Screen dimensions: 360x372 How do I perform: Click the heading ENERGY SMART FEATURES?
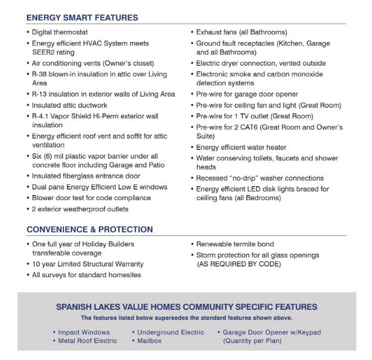coord(82,18)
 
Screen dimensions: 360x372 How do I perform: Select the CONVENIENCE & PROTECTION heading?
coord(90,229)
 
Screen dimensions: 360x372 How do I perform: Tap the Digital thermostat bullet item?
coord(60,32)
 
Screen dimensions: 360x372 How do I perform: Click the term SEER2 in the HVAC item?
coord(44,53)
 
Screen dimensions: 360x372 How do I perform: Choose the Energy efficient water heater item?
coord(241,148)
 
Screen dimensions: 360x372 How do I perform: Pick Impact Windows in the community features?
coord(84,333)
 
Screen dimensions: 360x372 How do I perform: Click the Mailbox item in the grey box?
coord(149,341)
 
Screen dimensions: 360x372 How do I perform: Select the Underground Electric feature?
coord(170,333)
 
